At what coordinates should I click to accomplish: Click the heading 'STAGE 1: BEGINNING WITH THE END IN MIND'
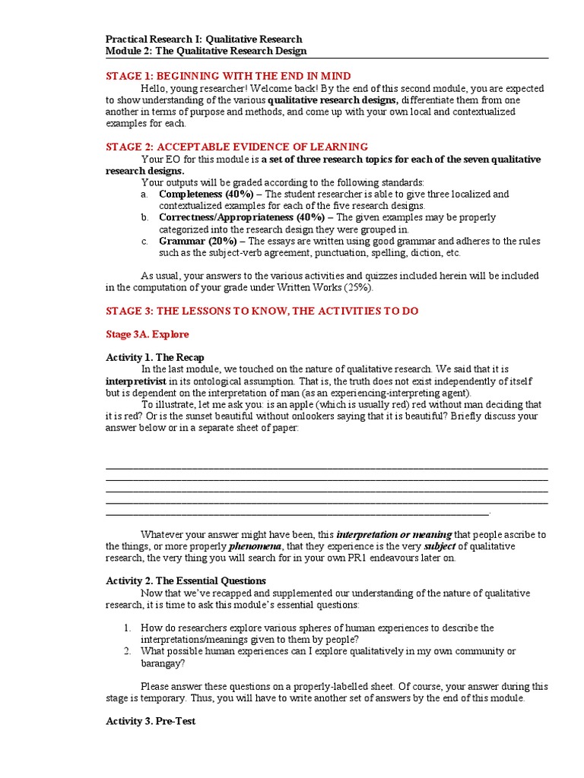click(x=228, y=76)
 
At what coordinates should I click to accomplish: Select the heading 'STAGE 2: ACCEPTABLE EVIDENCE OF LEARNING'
click(x=236, y=147)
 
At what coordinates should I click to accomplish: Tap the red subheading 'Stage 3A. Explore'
click(x=148, y=334)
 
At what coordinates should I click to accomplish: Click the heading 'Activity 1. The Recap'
click(x=155, y=358)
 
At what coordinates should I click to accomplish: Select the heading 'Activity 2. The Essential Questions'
click(x=186, y=580)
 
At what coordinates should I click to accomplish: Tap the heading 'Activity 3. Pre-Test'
click(x=151, y=721)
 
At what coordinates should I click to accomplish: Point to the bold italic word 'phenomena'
click(x=256, y=546)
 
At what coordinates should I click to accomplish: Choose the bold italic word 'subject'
click(x=440, y=546)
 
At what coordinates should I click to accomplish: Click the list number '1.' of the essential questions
click(x=129, y=628)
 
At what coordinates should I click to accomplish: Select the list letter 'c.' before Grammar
click(x=144, y=242)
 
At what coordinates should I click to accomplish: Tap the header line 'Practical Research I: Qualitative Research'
click(x=204, y=39)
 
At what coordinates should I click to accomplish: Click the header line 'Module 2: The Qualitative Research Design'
click(x=205, y=51)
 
